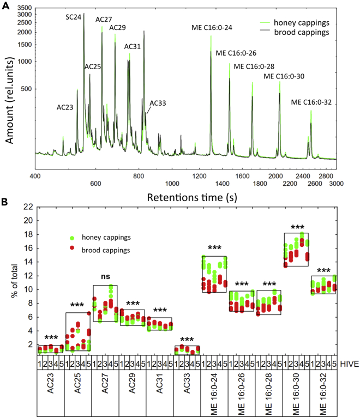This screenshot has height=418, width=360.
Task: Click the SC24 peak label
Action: coord(74,17)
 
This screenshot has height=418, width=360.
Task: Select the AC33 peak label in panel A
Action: coord(158,102)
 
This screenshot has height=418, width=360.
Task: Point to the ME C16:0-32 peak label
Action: coord(311,102)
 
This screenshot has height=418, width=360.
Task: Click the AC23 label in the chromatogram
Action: coord(65,107)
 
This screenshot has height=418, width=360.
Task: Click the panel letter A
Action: coord(5,5)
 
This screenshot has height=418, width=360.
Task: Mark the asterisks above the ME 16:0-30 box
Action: coord(297,227)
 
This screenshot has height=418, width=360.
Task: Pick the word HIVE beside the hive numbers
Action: coord(349,363)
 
